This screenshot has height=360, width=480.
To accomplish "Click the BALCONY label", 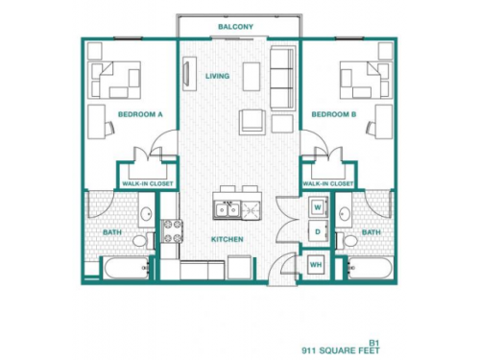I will click(235, 27).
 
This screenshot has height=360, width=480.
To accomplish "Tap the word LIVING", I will click(217, 76).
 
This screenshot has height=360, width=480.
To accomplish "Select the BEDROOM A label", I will click(140, 114).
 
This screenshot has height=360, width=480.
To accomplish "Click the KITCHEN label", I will click(228, 239).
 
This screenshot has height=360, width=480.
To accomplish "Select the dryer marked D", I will click(317, 231).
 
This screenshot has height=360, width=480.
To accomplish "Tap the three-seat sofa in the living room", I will click(283, 78).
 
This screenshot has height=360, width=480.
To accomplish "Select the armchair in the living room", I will click(252, 121).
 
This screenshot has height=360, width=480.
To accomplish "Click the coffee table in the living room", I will click(252, 75).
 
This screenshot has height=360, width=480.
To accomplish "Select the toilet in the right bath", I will click(351, 240).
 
